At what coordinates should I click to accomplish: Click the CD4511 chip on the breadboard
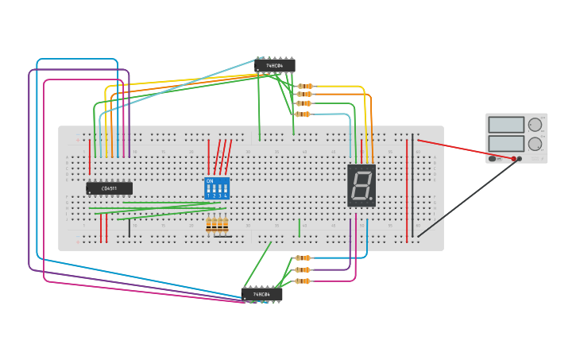point(110,188)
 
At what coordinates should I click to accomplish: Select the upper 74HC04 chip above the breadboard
point(275,66)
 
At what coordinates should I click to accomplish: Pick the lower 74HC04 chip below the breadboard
point(262,294)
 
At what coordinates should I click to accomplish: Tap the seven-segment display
point(361,185)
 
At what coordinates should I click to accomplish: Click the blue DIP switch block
point(217,188)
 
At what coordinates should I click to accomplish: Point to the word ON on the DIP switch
point(210,181)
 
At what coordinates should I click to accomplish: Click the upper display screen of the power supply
point(506,125)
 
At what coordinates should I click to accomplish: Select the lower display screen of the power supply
point(506,143)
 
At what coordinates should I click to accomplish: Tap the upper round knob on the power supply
point(535,125)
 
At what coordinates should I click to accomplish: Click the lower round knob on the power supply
point(535,144)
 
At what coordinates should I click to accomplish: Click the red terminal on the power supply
point(514,159)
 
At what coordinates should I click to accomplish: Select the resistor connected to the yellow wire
point(305,86)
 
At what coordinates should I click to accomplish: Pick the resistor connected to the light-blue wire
point(303,114)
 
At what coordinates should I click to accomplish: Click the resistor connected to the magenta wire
point(303,281)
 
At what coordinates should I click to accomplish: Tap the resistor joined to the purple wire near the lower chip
point(303,269)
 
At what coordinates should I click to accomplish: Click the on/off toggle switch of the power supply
point(493,159)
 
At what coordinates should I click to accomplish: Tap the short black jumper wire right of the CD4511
point(130,228)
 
